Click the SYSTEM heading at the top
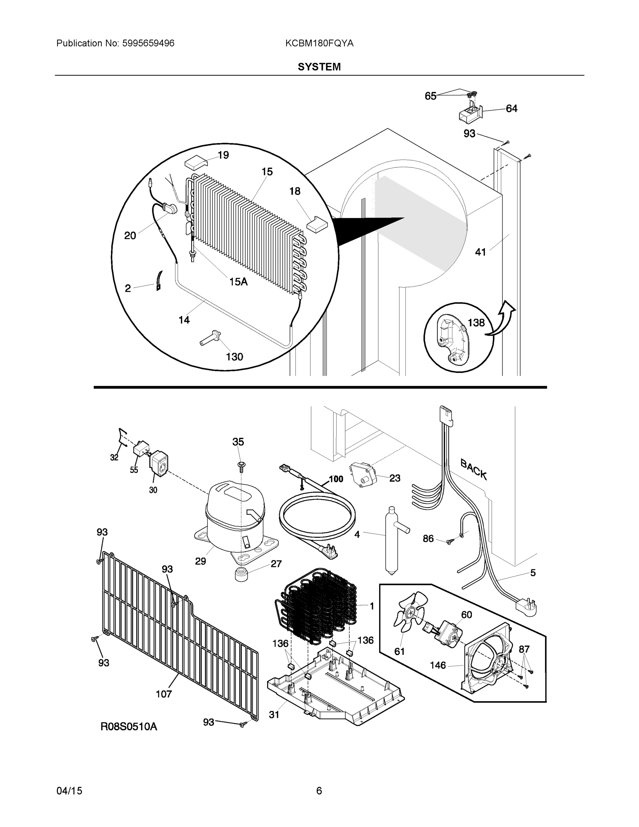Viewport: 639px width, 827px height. click(319, 67)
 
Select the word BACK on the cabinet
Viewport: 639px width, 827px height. click(473, 470)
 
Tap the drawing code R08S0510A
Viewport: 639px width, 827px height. click(129, 726)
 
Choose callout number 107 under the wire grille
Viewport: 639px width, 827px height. click(164, 694)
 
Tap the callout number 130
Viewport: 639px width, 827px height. click(234, 357)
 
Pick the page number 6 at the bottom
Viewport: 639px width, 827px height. click(319, 791)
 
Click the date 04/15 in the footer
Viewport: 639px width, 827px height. click(69, 791)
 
